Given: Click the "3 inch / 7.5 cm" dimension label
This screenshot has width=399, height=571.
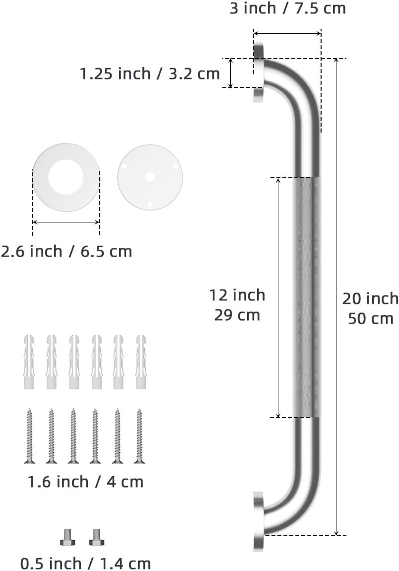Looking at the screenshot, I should pyautogui.click(x=287, y=8).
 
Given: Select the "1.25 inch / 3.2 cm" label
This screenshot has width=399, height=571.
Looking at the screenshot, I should pyautogui.click(x=149, y=73).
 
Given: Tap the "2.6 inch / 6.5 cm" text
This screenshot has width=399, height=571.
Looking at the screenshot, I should pyautogui.click(x=66, y=251).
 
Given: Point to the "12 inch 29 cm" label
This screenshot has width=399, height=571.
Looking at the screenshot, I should pyautogui.click(x=237, y=305).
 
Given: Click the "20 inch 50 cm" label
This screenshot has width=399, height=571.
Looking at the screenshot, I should pyautogui.click(x=370, y=308).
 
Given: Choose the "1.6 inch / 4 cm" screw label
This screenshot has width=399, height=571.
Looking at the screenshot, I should pyautogui.click(x=85, y=482).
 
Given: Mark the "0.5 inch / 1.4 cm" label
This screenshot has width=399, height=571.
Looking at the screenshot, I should pyautogui.click(x=85, y=564).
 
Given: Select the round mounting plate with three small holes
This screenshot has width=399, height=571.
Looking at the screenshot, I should pyautogui.click(x=150, y=177).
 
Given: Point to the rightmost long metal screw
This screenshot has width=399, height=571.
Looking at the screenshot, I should pyautogui.click(x=139, y=435).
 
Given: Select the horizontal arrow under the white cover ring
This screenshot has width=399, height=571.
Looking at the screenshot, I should pyautogui.click(x=66, y=222).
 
